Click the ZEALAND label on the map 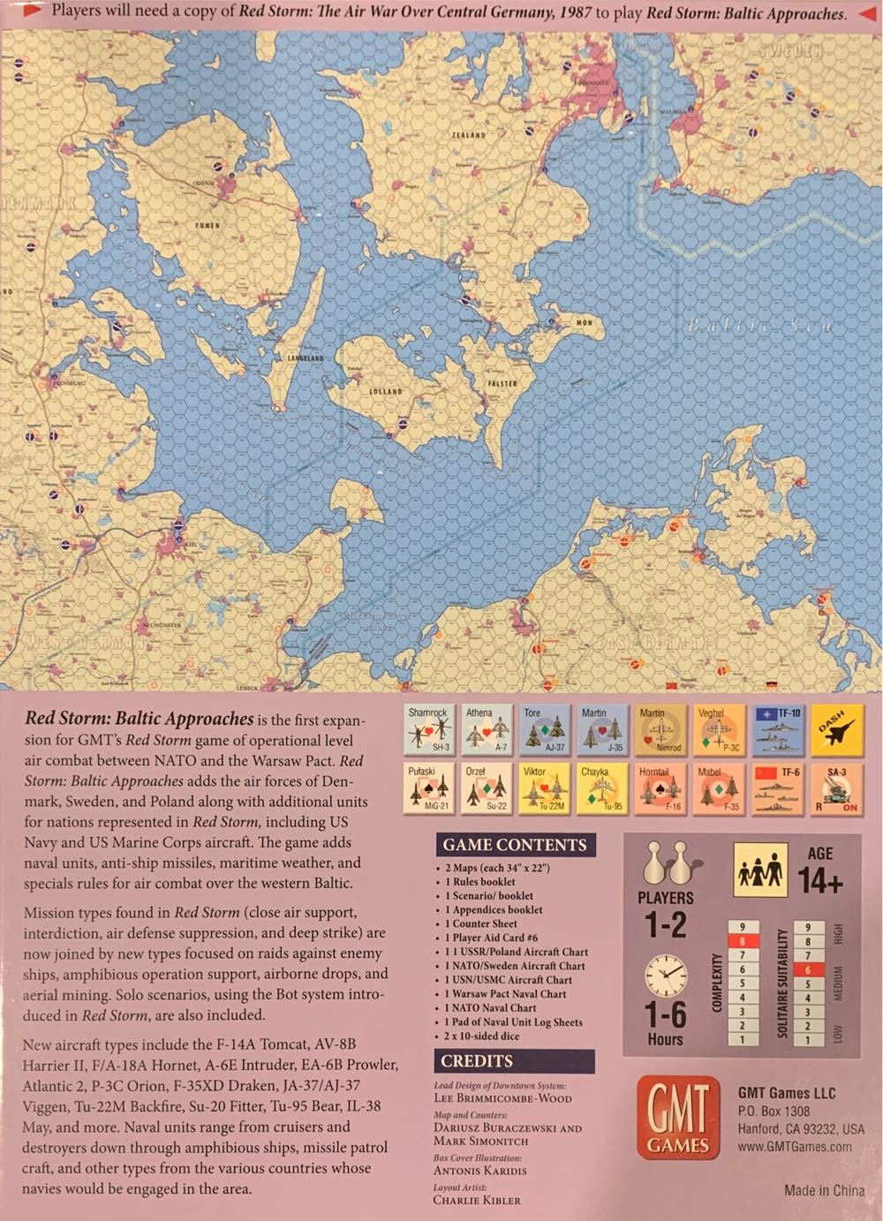[469, 135]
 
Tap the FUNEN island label [208, 225]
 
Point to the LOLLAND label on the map [385, 391]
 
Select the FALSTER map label [502, 384]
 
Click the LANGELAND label [306, 358]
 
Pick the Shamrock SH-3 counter [428, 729]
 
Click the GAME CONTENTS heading [515, 845]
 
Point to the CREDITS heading [477, 1061]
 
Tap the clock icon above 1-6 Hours [665, 976]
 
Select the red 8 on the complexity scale [743, 941]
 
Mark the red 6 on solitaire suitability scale [807, 969]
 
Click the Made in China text [824, 1190]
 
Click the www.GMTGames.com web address [795, 1147]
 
